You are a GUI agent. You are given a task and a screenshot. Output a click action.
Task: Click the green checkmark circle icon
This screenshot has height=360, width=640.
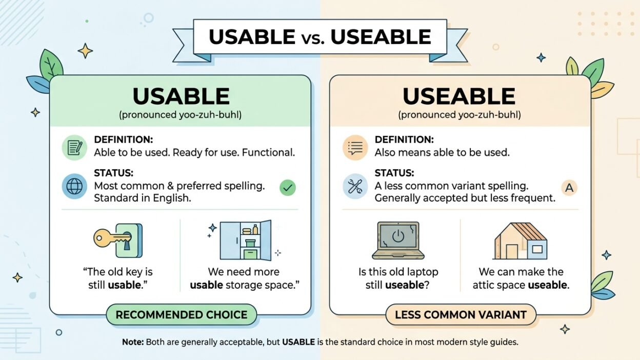tap(288, 188)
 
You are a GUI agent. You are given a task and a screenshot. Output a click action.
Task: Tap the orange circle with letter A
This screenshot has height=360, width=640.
tap(569, 188)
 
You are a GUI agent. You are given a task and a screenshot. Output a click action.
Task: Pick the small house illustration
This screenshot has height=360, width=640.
tap(520, 241)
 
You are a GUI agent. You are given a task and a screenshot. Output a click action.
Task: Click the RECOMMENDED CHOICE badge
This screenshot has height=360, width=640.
tap(182, 315)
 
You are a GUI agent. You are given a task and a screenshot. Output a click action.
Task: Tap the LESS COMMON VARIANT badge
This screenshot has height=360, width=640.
tap(461, 315)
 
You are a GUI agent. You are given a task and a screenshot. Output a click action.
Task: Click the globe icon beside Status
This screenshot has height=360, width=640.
tap(74, 186)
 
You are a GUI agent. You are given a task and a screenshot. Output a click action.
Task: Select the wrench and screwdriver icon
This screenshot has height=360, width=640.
tap(355, 186)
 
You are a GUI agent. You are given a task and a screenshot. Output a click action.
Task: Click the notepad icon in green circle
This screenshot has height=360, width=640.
tap(74, 147)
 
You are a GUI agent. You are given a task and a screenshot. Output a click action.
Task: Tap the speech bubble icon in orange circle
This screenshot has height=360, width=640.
tap(355, 148)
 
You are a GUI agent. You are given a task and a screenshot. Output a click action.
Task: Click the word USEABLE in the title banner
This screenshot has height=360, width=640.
tap(381, 37)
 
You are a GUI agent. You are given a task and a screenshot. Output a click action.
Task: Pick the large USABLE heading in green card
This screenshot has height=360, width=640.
tap(181, 97)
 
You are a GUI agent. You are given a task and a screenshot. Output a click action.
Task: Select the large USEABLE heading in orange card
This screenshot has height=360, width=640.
tap(459, 97)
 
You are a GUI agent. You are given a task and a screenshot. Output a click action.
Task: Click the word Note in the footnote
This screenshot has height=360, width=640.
tap(132, 342)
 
